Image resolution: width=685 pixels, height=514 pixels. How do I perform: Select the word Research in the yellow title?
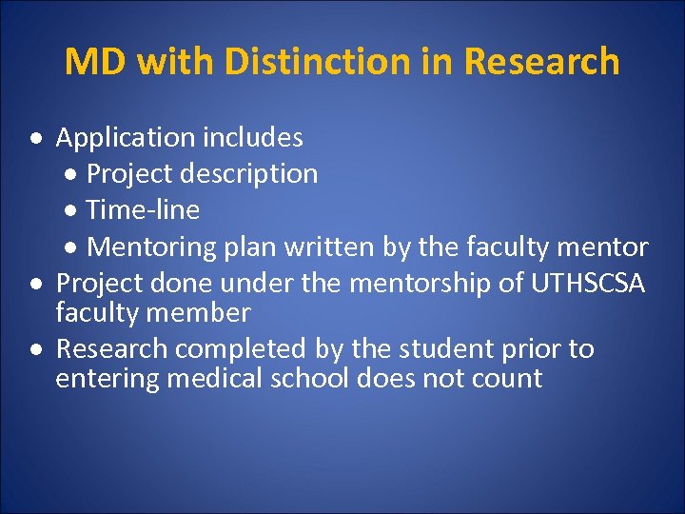(x=541, y=62)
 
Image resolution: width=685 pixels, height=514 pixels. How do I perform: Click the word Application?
(x=125, y=138)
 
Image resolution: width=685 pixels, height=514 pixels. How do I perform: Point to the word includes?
(x=252, y=138)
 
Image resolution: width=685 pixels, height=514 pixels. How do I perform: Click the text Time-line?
(x=143, y=209)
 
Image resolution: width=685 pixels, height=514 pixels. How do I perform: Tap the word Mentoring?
(x=152, y=247)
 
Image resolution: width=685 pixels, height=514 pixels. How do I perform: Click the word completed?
(x=247, y=348)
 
